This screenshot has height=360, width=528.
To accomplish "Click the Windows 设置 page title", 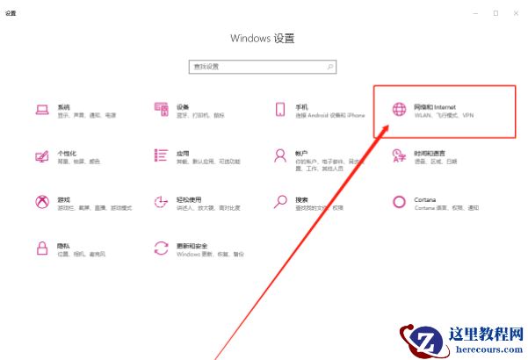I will (262, 39).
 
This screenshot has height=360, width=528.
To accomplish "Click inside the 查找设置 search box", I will (255, 67).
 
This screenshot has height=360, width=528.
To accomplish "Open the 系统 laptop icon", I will (41, 110).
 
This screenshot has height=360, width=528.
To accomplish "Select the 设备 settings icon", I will (161, 110).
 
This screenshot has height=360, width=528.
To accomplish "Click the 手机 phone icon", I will (280, 110).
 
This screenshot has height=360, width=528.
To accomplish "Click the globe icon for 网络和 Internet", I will (399, 110).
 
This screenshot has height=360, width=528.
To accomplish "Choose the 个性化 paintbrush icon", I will (41, 156).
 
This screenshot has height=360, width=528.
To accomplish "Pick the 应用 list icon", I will (161, 156).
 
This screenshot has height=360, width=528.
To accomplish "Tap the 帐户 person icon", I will (280, 156).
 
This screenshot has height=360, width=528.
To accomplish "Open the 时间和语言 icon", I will (399, 156).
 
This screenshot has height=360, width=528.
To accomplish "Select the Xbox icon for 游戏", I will (41, 203).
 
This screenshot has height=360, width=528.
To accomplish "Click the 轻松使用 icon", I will (161, 203).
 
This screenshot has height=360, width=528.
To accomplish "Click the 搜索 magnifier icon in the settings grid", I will (280, 203).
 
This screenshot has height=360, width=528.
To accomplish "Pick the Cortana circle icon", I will (399, 203).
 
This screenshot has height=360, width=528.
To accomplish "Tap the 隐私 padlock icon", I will (41, 248).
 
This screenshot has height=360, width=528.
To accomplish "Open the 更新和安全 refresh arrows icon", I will (161, 248).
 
